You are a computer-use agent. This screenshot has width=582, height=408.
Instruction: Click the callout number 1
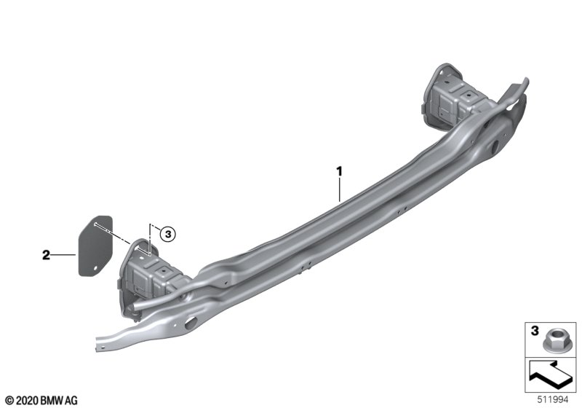coord(339,172)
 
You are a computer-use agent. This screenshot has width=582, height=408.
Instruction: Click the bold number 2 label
coord(46,255)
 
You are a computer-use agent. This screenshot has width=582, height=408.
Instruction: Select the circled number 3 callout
coord(168,234)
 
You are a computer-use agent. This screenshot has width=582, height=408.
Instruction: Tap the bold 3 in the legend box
coord(535,331)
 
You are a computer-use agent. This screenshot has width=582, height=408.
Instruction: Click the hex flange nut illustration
coord(554,341)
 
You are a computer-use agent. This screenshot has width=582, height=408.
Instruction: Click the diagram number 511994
coord(553,400)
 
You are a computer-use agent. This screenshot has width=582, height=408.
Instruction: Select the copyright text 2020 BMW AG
coord(42,400)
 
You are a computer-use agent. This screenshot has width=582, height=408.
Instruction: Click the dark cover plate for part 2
coord(95,246)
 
